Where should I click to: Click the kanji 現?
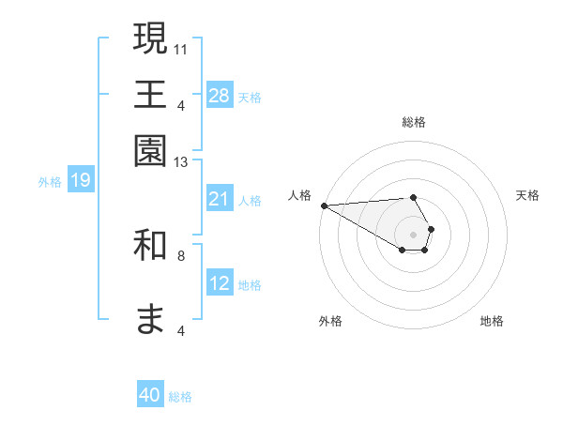pyautogui.click(x=150, y=39)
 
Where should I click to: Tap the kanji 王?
pyautogui.click(x=150, y=96)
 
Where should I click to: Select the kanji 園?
pyautogui.click(x=150, y=150)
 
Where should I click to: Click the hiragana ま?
pyautogui.click(x=150, y=319)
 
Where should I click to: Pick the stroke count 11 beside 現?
pyautogui.click(x=181, y=48)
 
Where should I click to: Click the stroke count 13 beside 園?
pyautogui.click(x=181, y=162)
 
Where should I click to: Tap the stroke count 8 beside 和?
pyautogui.click(x=181, y=254)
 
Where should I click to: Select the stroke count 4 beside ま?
pyautogui.click(x=181, y=330)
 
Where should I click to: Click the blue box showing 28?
pyautogui.click(x=220, y=95)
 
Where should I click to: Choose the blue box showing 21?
pyautogui.click(x=220, y=199)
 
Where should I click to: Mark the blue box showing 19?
pyautogui.click(x=81, y=180)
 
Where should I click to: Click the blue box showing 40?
pyautogui.click(x=150, y=395)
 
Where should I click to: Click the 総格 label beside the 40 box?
pyautogui.click(x=180, y=397)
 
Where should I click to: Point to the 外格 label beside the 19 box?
pyautogui.click(x=50, y=182)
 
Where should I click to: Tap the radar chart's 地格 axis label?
pyautogui.click(x=492, y=321)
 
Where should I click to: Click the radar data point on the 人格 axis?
pyautogui.click(x=324, y=205)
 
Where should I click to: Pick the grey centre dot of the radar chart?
pyautogui.click(x=413, y=233)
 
